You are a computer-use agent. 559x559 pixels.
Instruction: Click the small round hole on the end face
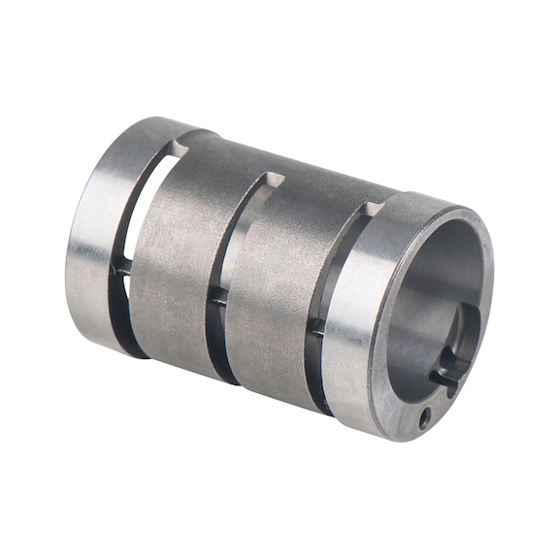point(425,418)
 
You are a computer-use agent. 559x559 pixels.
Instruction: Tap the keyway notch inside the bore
point(447,374)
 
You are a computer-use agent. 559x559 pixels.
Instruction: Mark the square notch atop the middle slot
point(274,180)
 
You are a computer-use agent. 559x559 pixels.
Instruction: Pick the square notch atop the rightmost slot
point(372,209)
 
